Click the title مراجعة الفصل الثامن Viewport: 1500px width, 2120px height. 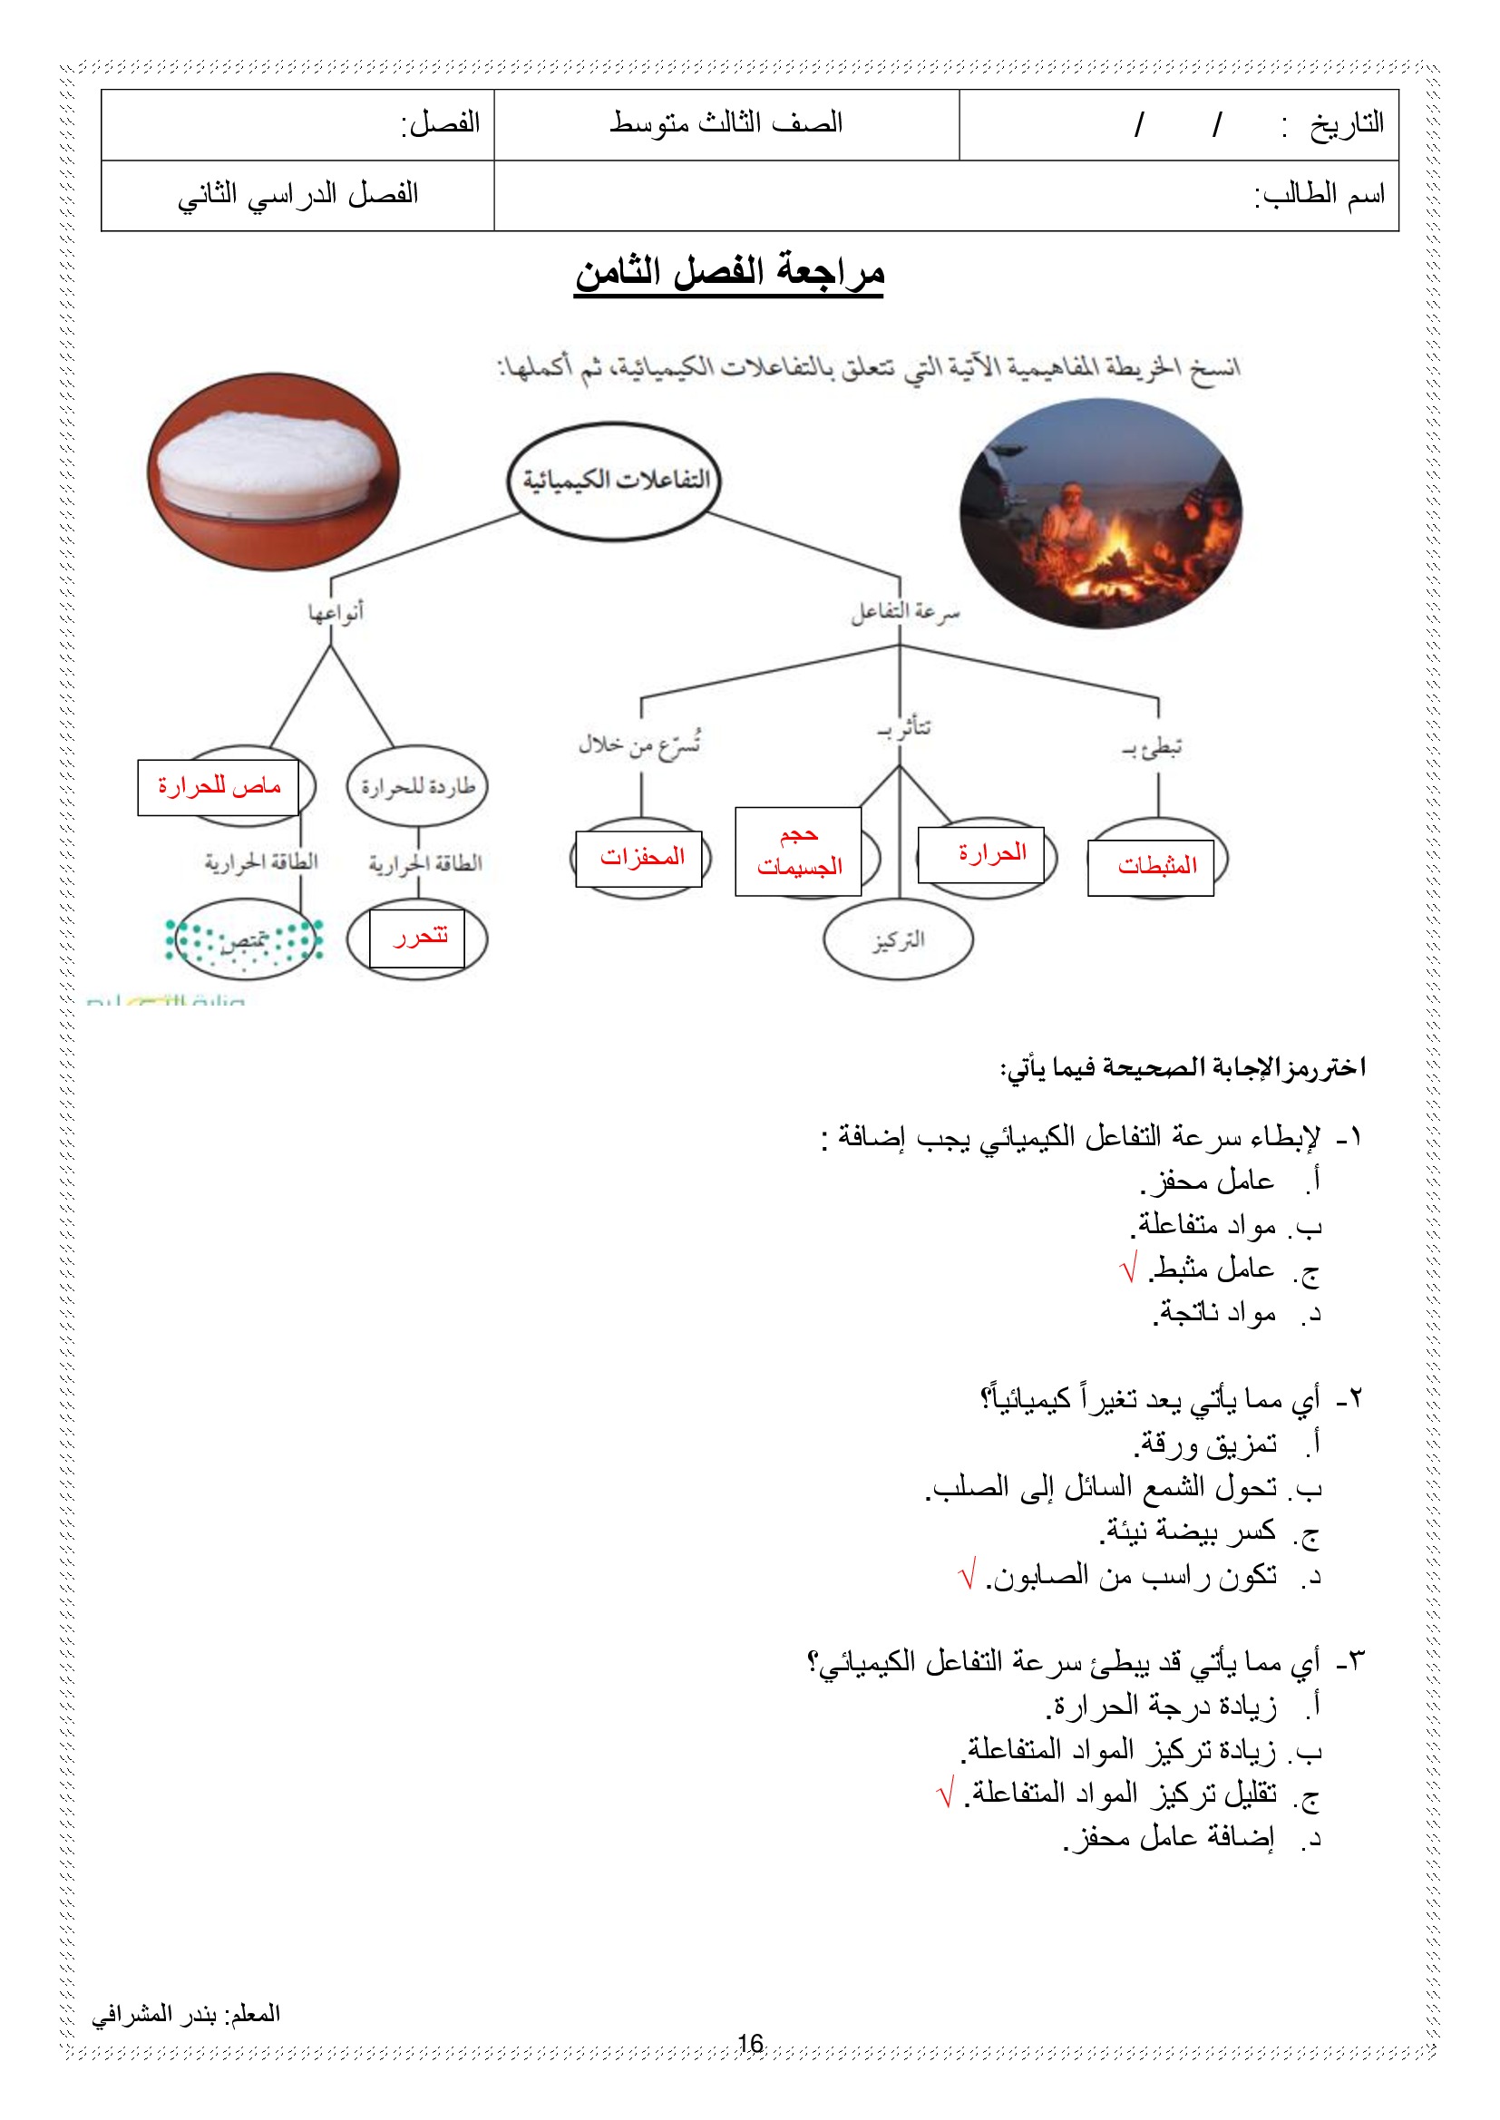point(729,272)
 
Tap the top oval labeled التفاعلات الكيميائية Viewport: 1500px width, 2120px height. point(614,481)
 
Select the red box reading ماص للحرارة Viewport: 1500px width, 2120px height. point(218,787)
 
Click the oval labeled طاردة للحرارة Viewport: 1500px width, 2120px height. point(417,787)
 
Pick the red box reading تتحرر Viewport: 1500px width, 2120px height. point(417,938)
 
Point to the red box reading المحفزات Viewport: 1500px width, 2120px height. point(639,858)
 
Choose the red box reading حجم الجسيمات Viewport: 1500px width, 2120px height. point(798,851)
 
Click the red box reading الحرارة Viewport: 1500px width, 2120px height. point(981,854)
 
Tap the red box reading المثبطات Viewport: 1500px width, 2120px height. point(1151,866)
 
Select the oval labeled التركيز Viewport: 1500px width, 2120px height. point(898,940)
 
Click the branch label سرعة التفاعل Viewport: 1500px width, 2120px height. point(905,611)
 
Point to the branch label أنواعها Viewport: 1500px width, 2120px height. point(336,611)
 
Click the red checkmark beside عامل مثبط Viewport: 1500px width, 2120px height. point(1128,1269)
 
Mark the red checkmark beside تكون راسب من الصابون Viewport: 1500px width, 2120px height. point(967,1574)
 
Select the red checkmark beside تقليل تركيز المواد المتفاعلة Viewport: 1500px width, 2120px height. point(944,1794)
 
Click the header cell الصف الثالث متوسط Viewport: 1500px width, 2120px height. point(726,123)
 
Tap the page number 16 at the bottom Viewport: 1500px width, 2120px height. point(751,2043)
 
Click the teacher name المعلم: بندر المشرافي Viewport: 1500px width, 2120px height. point(186,2014)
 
